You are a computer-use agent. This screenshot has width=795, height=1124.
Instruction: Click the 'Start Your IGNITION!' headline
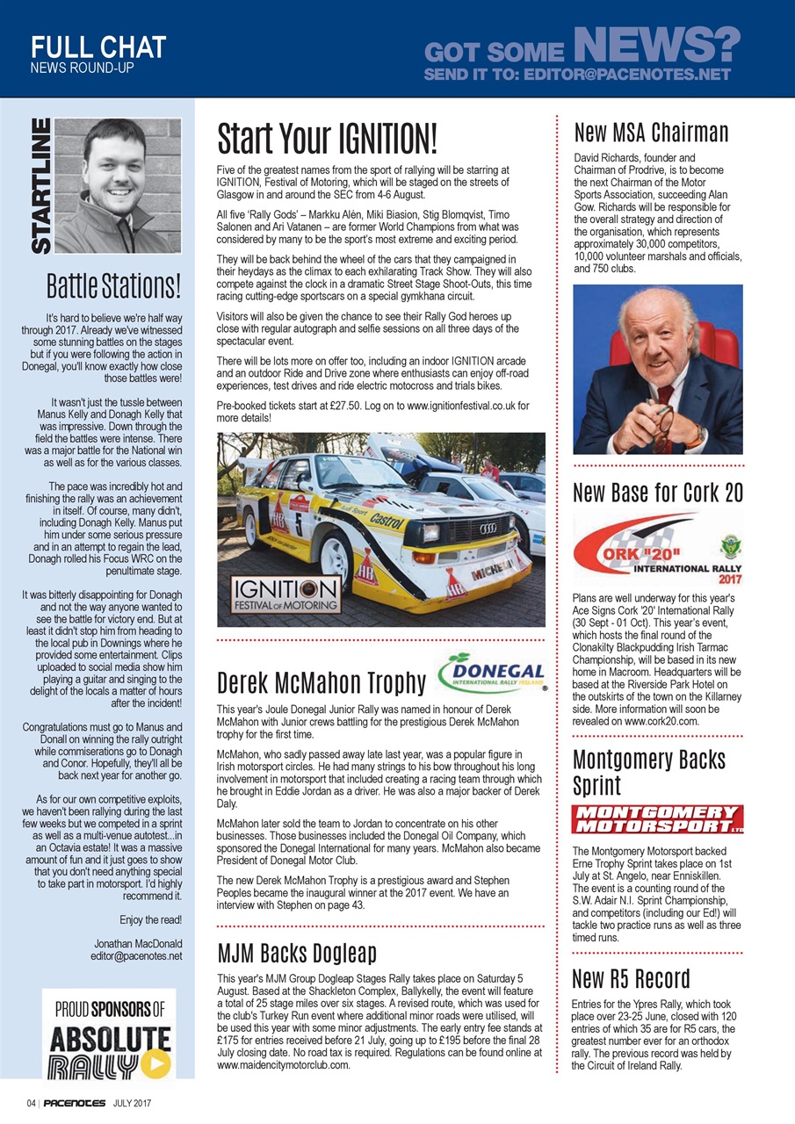(x=327, y=139)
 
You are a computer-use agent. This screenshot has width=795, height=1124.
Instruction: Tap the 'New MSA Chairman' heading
(x=651, y=133)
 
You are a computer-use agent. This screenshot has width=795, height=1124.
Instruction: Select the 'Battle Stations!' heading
(x=114, y=285)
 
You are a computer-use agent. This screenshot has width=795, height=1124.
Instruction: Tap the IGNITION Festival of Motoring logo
(x=285, y=594)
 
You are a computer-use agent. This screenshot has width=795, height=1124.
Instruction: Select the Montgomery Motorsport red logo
(x=657, y=818)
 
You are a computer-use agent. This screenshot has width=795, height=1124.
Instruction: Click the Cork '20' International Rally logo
(x=657, y=549)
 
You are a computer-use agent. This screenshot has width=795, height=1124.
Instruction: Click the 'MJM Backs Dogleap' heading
(x=297, y=953)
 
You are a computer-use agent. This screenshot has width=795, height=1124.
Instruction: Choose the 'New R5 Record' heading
(x=631, y=978)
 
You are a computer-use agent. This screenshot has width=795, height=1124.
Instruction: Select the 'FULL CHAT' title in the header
(x=98, y=47)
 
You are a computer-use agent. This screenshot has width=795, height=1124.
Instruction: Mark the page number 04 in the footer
(x=31, y=1103)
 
